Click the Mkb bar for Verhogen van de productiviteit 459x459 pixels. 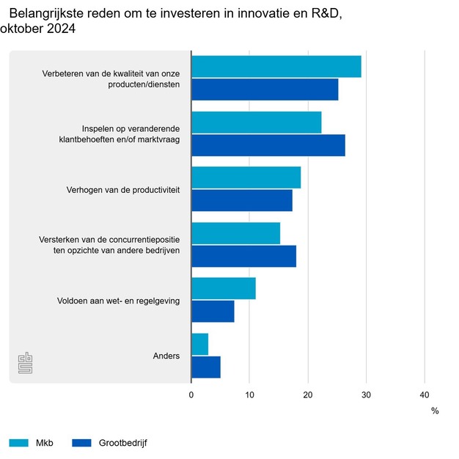pyautogui.click(x=246, y=177)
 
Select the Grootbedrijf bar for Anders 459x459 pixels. pyautogui.click(x=206, y=367)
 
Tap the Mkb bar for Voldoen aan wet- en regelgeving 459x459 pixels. pyautogui.click(x=224, y=288)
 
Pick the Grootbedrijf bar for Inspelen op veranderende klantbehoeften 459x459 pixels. pyautogui.click(x=268, y=145)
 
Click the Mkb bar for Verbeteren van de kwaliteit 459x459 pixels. pyautogui.click(x=276, y=67)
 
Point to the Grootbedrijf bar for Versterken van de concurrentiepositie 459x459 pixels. pyautogui.click(x=243, y=256)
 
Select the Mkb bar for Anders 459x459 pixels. pyautogui.click(x=199, y=344)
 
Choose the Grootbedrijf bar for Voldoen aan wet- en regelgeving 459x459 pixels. pyautogui.click(x=213, y=311)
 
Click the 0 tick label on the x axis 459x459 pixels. pyautogui.click(x=191, y=394)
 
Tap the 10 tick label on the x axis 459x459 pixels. pyautogui.click(x=249, y=394)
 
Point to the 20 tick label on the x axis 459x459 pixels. pyautogui.click(x=308, y=394)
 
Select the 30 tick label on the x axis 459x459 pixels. pyautogui.click(x=366, y=394)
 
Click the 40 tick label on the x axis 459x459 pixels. pyautogui.click(x=424, y=394)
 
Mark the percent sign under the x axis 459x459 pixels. pyautogui.click(x=435, y=411)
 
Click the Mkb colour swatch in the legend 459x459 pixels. pyautogui.click(x=19, y=443)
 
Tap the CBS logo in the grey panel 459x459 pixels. pyautogui.click(x=25, y=363)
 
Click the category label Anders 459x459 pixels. pyautogui.click(x=166, y=356)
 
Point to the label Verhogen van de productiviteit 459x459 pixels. pyautogui.click(x=123, y=191)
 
